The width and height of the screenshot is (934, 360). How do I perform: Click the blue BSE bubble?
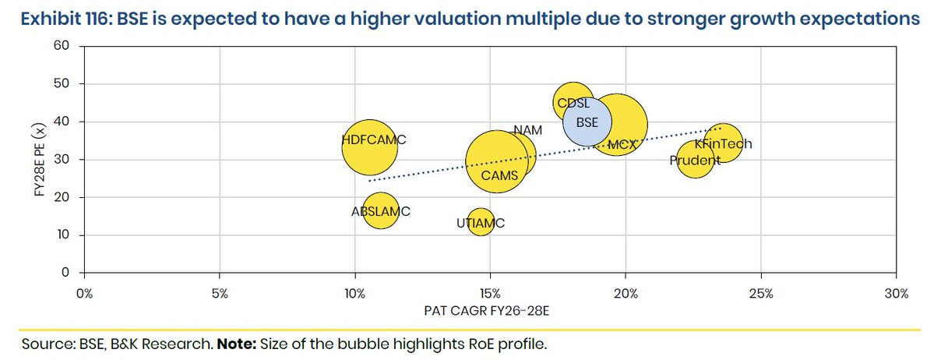click(x=587, y=122)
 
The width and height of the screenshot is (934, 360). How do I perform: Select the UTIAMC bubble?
click(x=481, y=224)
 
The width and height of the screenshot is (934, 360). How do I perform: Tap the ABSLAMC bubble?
click(x=380, y=210)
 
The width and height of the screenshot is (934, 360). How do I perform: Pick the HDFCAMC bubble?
click(x=369, y=146)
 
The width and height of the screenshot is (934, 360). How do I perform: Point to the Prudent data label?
click(x=695, y=161)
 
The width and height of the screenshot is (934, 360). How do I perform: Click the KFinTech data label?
click(x=723, y=144)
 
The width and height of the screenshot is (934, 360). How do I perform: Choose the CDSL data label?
click(x=573, y=103)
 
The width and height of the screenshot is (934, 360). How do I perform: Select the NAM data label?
click(x=527, y=130)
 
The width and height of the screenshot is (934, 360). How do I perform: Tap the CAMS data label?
click(x=499, y=175)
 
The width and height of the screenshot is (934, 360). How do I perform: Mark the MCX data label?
click(x=622, y=144)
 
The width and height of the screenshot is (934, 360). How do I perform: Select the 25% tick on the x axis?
click(x=761, y=294)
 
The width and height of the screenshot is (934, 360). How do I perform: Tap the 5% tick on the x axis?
click(x=220, y=294)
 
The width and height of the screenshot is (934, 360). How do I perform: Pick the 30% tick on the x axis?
click(x=896, y=294)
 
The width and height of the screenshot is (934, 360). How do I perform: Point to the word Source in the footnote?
click(x=43, y=344)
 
